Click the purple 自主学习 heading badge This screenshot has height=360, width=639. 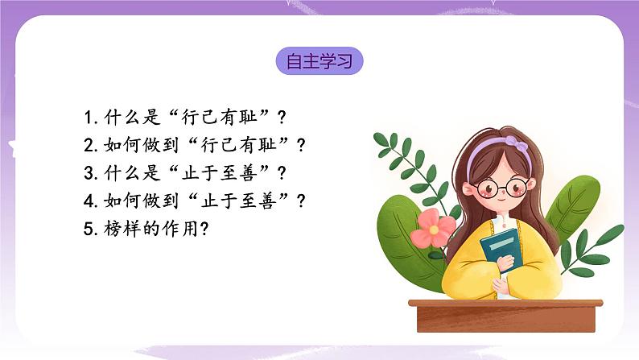pyautogui.click(x=319, y=61)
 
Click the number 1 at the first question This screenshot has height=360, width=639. pyautogui.click(x=88, y=117)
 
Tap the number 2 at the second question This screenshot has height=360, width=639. pyautogui.click(x=89, y=145)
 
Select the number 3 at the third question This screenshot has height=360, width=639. pyautogui.click(x=89, y=172)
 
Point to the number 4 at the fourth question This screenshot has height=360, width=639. pyautogui.click(x=89, y=201)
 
